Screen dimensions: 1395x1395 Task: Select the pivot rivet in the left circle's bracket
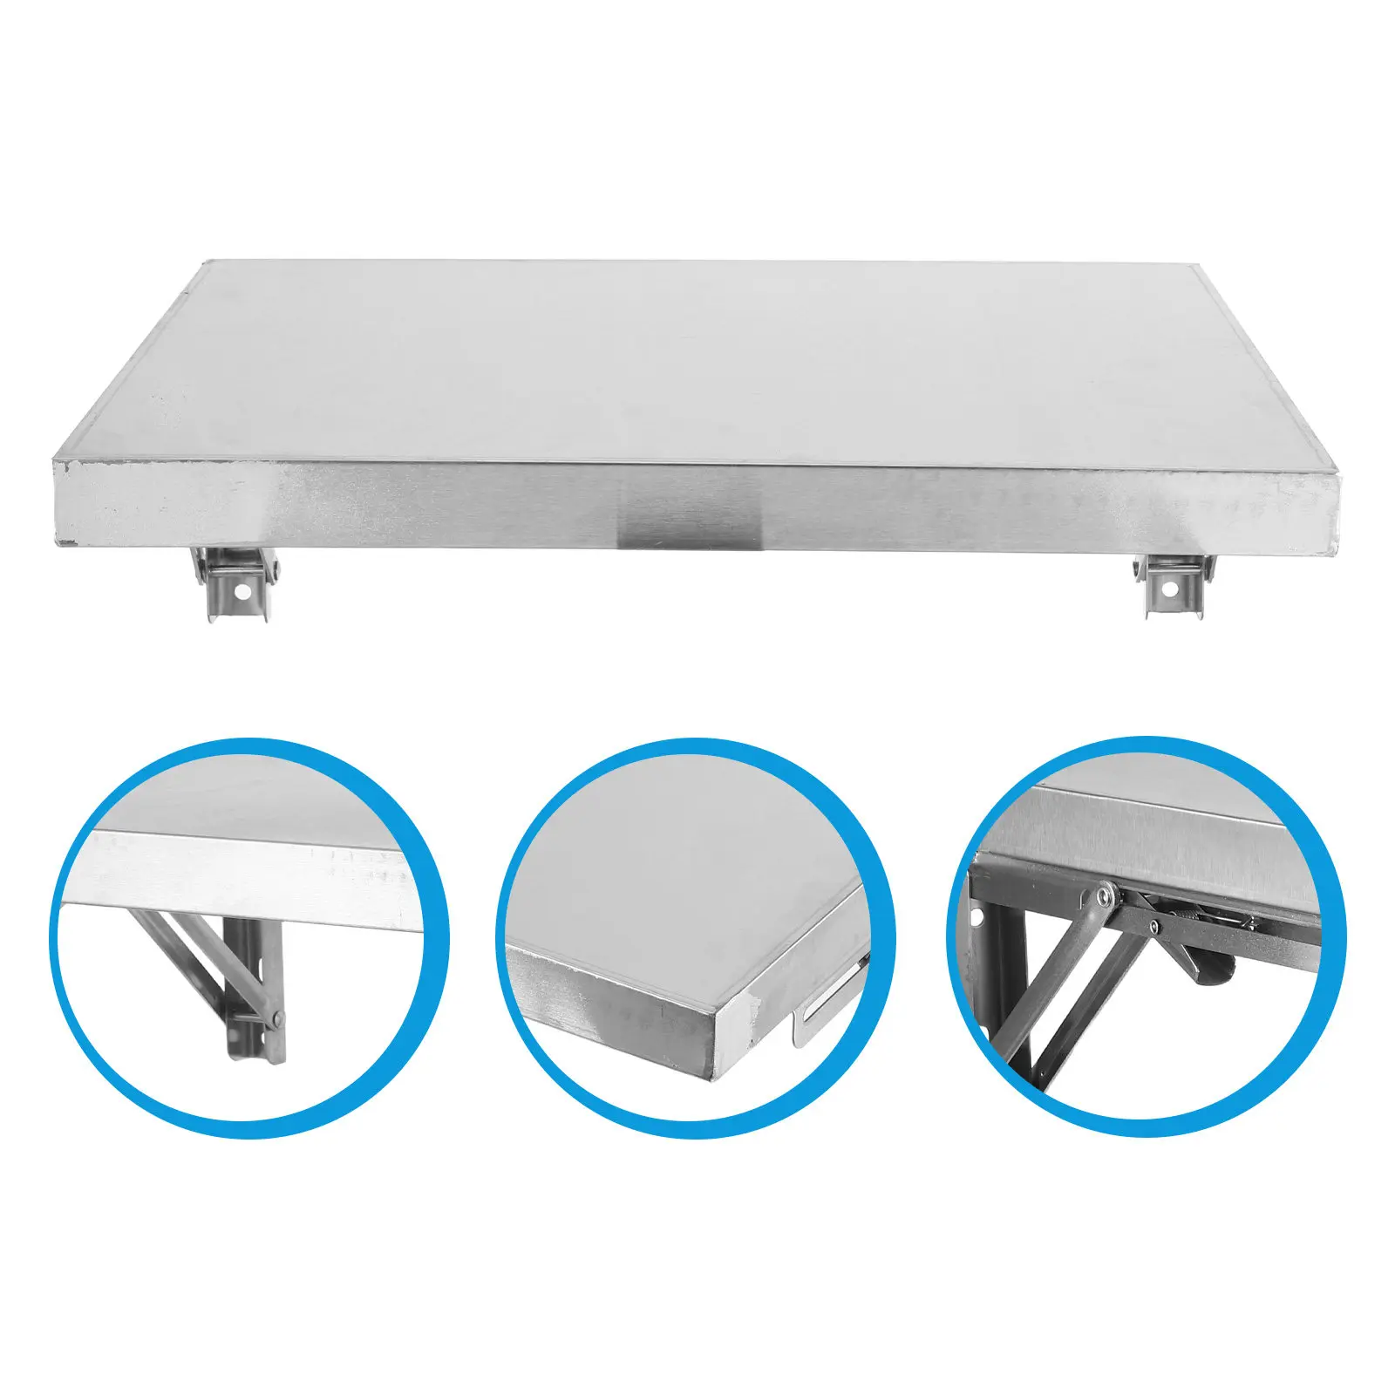[x=276, y=1017]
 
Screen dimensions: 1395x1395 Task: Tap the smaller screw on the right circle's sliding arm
[x=1153, y=922]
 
